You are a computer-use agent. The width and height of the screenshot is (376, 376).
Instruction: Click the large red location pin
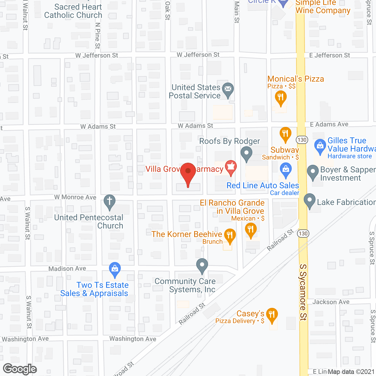188,172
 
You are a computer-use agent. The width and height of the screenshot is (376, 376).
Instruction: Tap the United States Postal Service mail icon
228,89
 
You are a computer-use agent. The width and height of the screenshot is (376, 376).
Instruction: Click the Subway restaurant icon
285,133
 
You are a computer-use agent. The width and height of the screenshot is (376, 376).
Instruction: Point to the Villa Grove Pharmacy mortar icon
231,167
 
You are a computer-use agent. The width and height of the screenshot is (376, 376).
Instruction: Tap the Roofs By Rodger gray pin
246,153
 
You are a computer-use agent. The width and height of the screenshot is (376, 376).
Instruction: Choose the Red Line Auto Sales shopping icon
286,169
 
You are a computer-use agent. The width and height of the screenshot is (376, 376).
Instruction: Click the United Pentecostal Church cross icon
110,201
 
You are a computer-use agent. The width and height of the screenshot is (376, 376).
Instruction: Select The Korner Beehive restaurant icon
230,235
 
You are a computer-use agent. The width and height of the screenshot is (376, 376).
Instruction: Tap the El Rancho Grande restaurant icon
251,229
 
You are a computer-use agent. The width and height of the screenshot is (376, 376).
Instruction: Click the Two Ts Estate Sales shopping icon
115,269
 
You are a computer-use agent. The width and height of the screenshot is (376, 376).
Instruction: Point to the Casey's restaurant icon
272,315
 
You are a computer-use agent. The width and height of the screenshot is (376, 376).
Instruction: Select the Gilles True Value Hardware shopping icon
320,146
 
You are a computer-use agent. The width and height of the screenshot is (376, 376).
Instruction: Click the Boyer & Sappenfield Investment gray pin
313,172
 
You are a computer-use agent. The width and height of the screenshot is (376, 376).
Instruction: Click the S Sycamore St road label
303,292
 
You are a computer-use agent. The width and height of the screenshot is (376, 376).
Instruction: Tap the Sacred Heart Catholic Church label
73,11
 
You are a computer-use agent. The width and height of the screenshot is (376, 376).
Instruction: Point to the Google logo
20,369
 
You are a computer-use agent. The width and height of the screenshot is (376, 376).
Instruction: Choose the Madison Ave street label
67,268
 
